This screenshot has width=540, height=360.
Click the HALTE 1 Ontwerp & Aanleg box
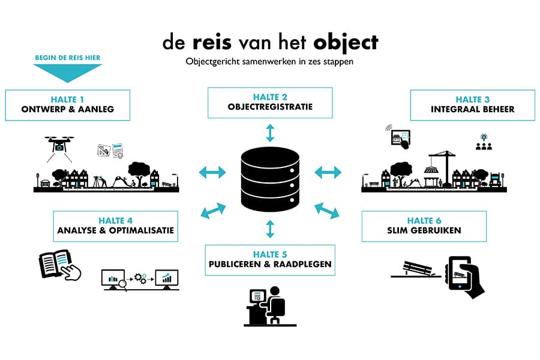click(67, 105)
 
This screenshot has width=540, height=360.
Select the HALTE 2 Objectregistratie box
click(270, 103)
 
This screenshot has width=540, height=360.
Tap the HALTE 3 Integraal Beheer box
click(472, 105)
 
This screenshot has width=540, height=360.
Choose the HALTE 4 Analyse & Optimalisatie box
click(115, 226)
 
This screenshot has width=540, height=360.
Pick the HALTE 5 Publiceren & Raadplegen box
click(269, 260)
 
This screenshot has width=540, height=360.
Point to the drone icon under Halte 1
click(60, 145)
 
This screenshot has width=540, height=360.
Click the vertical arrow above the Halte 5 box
click(270, 229)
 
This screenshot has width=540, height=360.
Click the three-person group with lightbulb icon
click(484, 142)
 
